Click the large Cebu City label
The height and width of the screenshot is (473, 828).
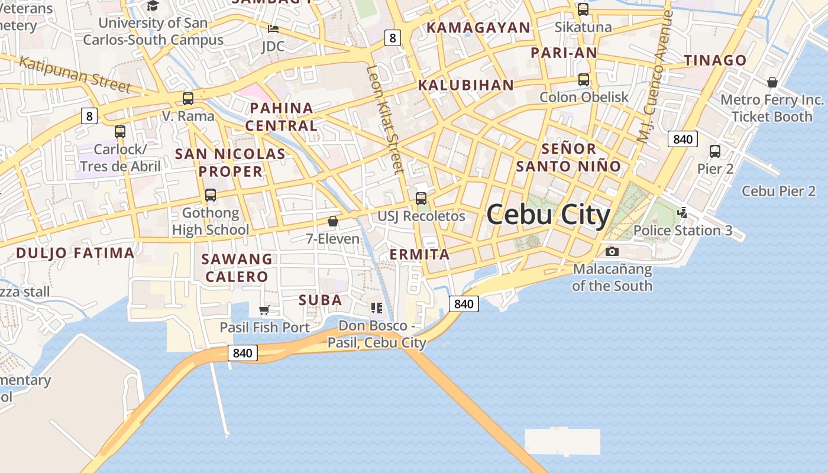pyautogui.click(x=548, y=215)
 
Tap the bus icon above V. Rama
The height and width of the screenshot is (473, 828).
pyautogui.click(x=188, y=99)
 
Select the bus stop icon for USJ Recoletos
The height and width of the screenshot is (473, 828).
pyautogui.click(x=421, y=199)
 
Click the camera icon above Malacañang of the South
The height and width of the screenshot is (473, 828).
pyautogui.click(x=612, y=251)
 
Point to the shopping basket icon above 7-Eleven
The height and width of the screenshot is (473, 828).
pyautogui.click(x=333, y=221)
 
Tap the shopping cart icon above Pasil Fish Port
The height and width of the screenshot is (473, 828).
pyautogui.click(x=264, y=310)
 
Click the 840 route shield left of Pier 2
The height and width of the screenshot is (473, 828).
pyautogui.click(x=683, y=140)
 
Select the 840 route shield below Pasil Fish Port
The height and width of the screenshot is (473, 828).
pyautogui.click(x=242, y=354)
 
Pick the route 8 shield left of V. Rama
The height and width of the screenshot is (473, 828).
pyautogui.click(x=89, y=116)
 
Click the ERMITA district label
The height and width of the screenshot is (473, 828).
pyautogui.click(x=420, y=255)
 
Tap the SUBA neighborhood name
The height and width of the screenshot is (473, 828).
pyautogui.click(x=321, y=300)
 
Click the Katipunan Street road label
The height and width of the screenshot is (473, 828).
pyautogui.click(x=75, y=74)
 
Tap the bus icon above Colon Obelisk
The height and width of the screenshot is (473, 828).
pyautogui.click(x=584, y=79)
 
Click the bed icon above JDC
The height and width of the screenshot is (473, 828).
pyautogui.click(x=273, y=28)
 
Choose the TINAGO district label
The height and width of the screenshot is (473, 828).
pyautogui.click(x=716, y=60)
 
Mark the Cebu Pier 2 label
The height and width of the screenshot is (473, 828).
pyautogui.click(x=778, y=191)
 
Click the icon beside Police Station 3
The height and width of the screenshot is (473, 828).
pyautogui.click(x=683, y=212)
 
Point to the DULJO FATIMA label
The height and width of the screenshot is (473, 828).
pyautogui.click(x=75, y=253)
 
